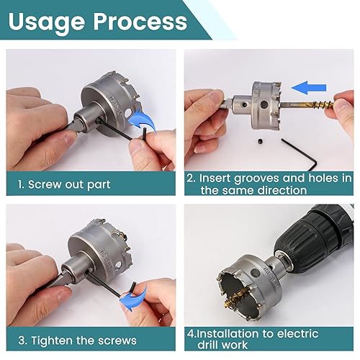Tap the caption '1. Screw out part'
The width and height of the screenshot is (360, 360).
64,184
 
